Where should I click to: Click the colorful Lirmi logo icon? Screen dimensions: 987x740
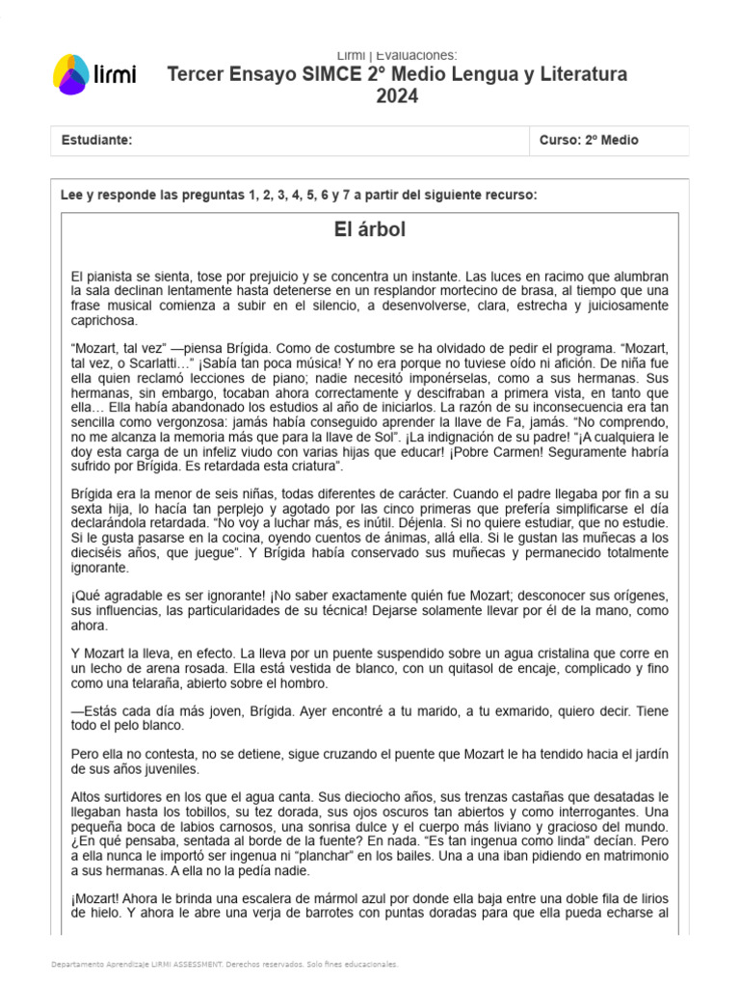(x=70, y=74)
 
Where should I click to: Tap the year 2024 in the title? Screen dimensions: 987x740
(x=397, y=96)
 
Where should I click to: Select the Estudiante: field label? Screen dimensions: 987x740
(x=96, y=141)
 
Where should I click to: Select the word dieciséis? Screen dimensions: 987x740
(x=101, y=553)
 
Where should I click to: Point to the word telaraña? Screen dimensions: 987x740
(x=140, y=683)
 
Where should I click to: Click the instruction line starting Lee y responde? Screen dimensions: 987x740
(x=299, y=195)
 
